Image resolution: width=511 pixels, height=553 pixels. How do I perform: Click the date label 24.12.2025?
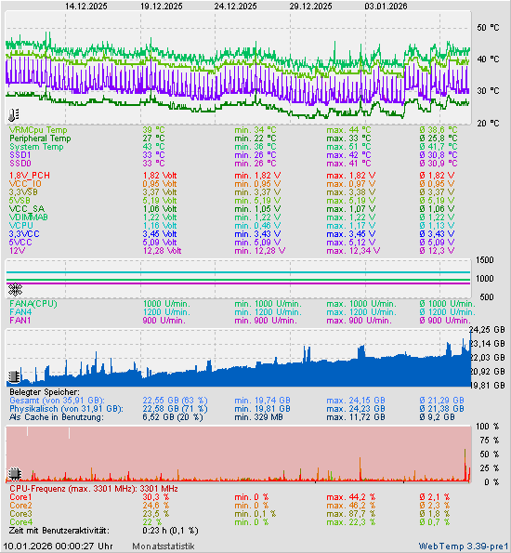[x=235, y=6]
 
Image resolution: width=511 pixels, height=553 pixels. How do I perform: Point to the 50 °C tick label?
[x=488, y=29]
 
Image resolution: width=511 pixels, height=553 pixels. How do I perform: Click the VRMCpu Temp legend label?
[x=38, y=129]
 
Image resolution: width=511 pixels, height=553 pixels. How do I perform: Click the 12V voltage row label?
[x=18, y=250]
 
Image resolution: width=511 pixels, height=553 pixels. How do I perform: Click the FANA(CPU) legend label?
[x=33, y=303]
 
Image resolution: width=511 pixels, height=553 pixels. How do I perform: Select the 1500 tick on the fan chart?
[x=484, y=261]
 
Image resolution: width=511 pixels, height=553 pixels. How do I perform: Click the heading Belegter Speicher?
[x=46, y=391]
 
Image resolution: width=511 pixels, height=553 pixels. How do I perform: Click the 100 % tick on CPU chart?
[x=487, y=426]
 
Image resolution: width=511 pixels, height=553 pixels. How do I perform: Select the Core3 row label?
[x=20, y=513]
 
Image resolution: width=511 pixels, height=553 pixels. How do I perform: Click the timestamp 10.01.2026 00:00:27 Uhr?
[x=59, y=546]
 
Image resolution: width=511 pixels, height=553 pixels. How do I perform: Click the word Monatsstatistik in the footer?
[x=164, y=546]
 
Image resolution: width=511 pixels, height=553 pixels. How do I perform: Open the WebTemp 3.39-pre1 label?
[x=463, y=546]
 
